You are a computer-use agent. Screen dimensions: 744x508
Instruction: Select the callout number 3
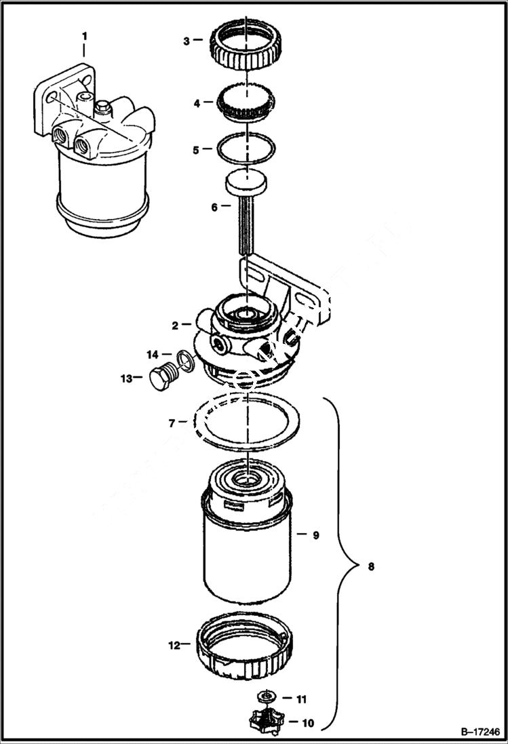[187, 41]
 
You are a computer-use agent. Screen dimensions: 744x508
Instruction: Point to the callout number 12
[175, 645]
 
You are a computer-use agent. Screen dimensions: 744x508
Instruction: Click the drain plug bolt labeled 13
[159, 378]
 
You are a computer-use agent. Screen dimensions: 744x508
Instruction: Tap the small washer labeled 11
[266, 696]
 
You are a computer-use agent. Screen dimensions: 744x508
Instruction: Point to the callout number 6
[214, 207]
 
